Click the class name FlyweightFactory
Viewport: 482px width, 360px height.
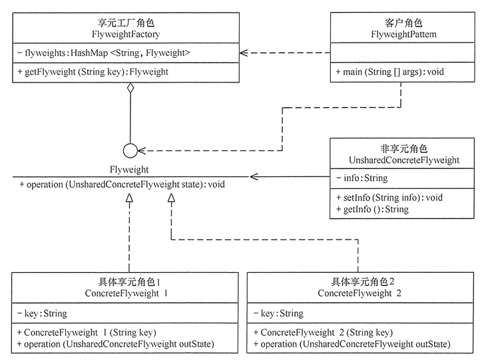126,34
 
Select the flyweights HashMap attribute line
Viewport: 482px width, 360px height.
104,53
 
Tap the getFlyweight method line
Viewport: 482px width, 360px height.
93,72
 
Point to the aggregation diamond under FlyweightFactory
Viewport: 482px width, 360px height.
130,88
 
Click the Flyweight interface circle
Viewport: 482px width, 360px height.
130,150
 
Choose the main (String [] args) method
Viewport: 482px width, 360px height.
389,72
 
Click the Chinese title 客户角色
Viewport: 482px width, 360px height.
403,23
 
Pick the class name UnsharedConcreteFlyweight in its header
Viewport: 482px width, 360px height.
404,160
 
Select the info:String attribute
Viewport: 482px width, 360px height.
361,178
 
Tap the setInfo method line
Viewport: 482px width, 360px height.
389,198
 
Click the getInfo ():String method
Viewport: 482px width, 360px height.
372,209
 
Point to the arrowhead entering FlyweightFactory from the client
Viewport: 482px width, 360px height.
244,53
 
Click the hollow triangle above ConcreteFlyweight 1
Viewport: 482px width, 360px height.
129,198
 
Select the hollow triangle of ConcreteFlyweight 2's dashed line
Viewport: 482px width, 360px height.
171,198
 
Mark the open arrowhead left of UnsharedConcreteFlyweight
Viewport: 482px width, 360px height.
254,176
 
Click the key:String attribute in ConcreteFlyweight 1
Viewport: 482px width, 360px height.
42,313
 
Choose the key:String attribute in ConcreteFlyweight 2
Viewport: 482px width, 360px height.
278,313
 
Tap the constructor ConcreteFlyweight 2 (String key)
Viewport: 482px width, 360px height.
323,333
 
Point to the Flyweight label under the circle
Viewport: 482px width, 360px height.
129,170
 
